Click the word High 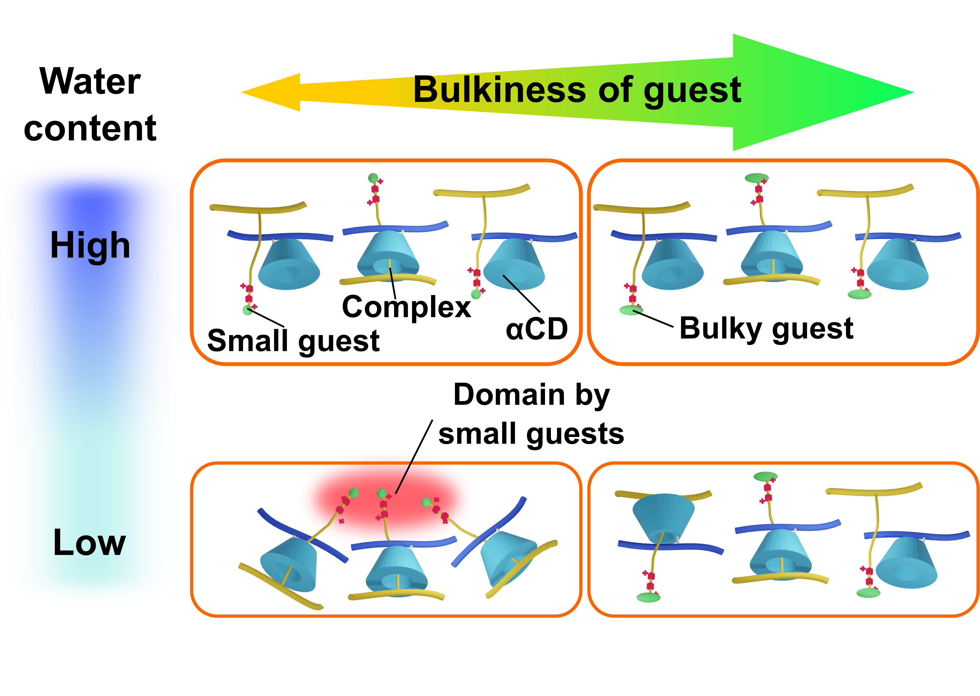point(90,245)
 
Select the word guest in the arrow point(692,91)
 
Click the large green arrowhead point(815,92)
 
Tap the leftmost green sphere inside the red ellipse point(354,493)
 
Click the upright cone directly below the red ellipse point(396,570)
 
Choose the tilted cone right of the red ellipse point(508,557)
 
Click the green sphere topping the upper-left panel point(373,178)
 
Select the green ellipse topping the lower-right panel point(765,476)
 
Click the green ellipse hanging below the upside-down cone point(648,597)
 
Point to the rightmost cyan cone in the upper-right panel point(897,264)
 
